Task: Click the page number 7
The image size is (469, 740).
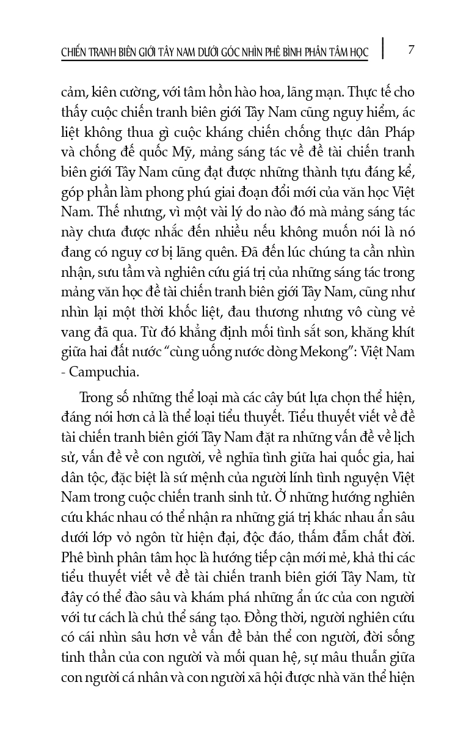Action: pyautogui.click(x=411, y=50)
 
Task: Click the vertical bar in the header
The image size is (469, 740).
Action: pyautogui.click(x=382, y=48)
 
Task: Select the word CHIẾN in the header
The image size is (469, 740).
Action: pyautogui.click(x=75, y=54)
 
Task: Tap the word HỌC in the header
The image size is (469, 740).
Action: pyautogui.click(x=356, y=54)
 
